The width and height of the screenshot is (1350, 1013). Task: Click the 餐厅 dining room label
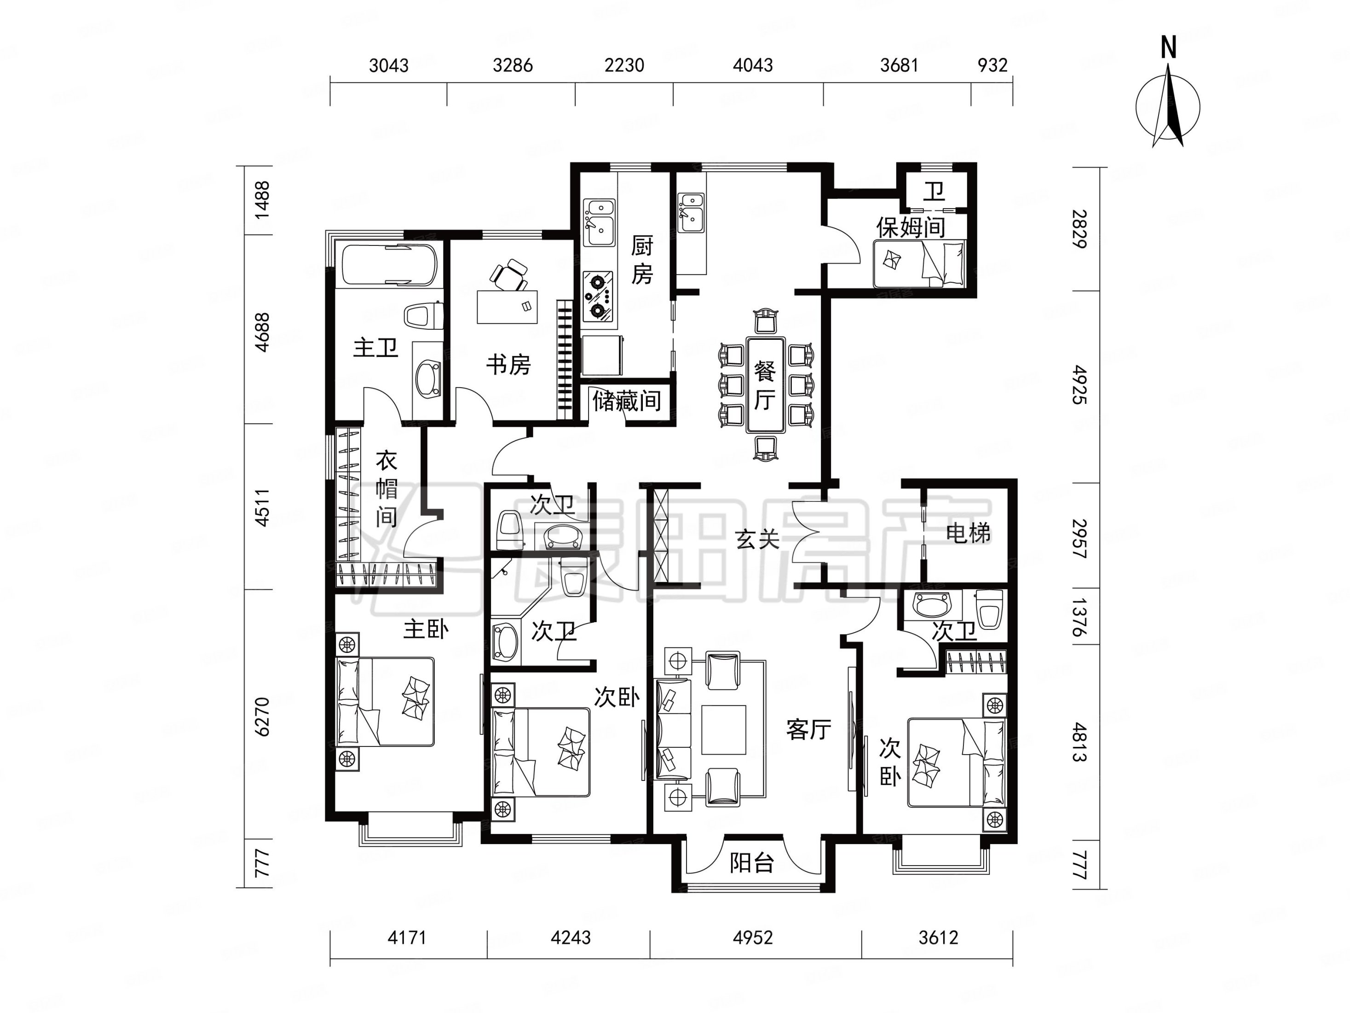(x=765, y=385)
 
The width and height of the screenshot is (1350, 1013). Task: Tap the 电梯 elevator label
(x=968, y=534)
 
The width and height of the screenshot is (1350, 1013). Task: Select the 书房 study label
(x=508, y=365)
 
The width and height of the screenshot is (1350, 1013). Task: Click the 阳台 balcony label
(x=752, y=863)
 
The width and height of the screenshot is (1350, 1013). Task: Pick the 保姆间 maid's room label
(x=911, y=227)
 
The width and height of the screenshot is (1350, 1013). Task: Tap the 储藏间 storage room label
(x=627, y=401)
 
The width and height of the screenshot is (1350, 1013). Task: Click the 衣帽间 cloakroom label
(x=387, y=489)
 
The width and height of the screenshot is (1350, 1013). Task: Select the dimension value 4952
(x=752, y=938)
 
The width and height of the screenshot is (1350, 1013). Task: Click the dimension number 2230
(x=624, y=65)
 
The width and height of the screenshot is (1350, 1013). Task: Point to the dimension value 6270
(x=262, y=717)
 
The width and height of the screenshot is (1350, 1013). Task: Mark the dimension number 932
(x=992, y=65)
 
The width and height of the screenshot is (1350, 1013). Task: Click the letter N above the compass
(x=1168, y=47)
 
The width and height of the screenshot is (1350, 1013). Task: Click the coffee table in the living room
(x=724, y=730)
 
